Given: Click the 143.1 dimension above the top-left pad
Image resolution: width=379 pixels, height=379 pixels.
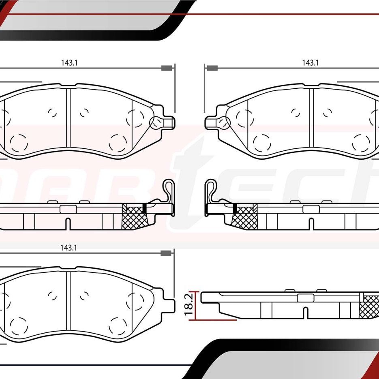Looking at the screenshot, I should (69, 63).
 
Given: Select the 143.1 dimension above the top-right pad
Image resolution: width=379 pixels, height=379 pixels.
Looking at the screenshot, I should (310, 63).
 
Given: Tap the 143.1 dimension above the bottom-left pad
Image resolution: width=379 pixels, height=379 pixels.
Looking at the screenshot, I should (69, 248).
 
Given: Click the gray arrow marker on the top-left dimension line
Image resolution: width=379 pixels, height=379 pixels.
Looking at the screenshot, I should (166, 68).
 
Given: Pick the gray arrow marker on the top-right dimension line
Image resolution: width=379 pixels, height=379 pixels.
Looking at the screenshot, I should (212, 68).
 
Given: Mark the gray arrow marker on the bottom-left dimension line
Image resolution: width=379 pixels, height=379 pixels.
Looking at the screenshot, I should (165, 253).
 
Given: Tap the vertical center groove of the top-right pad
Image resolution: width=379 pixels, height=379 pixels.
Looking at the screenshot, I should (312, 118).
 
